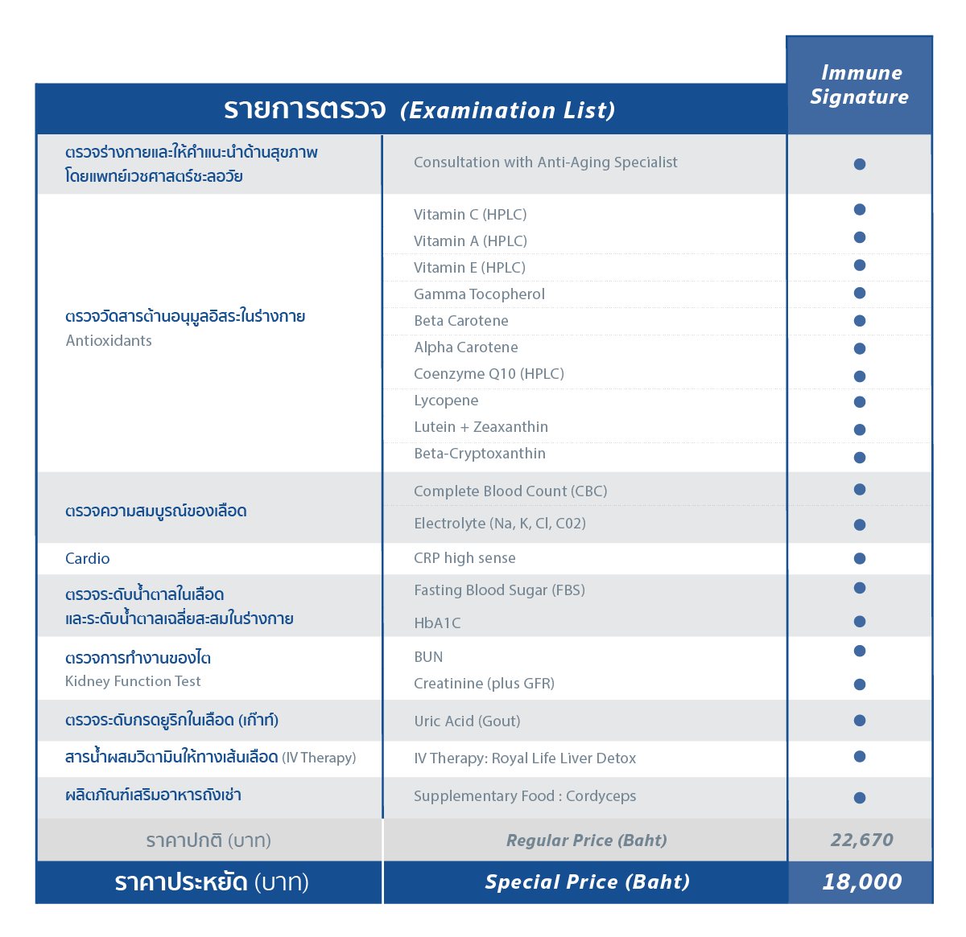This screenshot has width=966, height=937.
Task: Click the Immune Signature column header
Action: coord(859,84)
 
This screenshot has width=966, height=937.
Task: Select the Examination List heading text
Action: coord(507,110)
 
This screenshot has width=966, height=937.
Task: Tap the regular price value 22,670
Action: coord(861,840)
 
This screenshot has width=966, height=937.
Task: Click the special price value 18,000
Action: coord(861,882)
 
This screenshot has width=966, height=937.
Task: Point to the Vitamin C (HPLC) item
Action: coord(470,215)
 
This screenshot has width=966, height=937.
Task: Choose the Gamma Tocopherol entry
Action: coord(479,294)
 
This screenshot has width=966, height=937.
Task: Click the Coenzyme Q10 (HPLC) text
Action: coord(489,374)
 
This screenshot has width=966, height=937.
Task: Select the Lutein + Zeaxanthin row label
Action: coord(481,427)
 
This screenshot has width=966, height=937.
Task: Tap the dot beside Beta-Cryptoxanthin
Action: coord(860,458)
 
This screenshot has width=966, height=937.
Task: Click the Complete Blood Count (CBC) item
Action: coord(510,491)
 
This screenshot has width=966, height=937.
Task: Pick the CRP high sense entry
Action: coord(464,558)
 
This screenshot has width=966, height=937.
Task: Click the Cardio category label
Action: coord(88,558)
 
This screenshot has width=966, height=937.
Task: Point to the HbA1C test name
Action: coord(437,623)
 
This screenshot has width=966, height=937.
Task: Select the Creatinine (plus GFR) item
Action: coord(484,684)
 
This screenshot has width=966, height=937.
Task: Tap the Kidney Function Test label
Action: coord(133,681)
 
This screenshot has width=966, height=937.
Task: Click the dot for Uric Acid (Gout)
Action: coord(860,721)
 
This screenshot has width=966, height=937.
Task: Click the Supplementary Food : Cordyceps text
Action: coord(525,796)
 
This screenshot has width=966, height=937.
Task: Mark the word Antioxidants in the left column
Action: coord(109,341)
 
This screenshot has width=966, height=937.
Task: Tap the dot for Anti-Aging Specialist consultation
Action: coord(860,164)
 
